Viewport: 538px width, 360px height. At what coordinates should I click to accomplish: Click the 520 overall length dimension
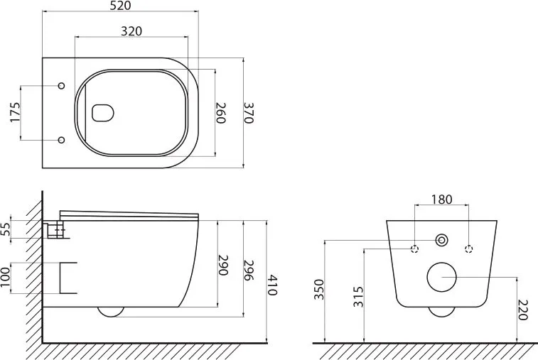[x=121, y=6]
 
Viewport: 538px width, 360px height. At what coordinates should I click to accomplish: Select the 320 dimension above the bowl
[x=131, y=31]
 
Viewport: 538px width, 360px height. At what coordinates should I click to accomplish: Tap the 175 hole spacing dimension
[x=15, y=112]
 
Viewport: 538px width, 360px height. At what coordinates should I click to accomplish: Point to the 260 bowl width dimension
[x=220, y=113]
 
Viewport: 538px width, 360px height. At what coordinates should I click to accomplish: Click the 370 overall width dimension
[x=249, y=113]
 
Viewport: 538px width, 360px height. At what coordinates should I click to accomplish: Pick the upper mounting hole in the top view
[x=61, y=86]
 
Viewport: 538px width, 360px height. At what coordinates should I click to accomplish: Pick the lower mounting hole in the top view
[x=61, y=140]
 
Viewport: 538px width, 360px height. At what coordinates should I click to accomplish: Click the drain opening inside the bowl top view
[x=102, y=112]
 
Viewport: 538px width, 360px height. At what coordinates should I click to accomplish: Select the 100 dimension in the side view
[x=5, y=278]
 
